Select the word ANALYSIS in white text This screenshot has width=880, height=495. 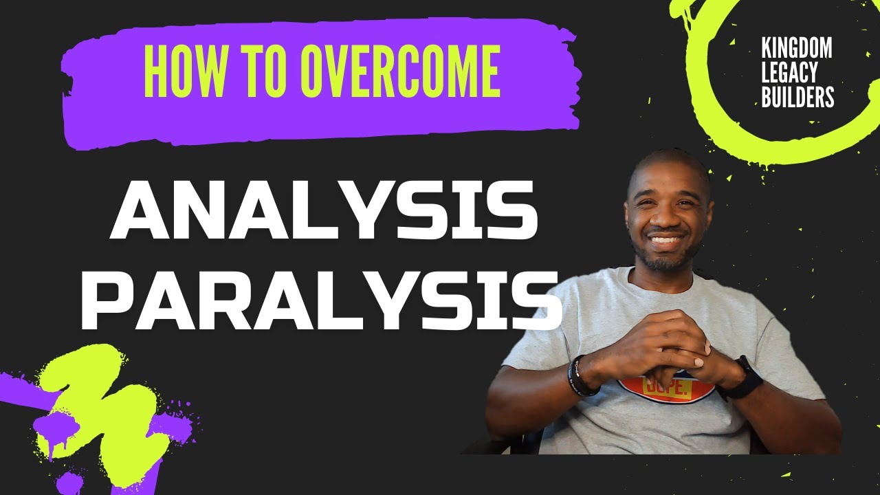[x=323, y=209]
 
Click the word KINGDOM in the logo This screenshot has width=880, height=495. [x=796, y=49]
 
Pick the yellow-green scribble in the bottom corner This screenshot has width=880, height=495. [x=103, y=412]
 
